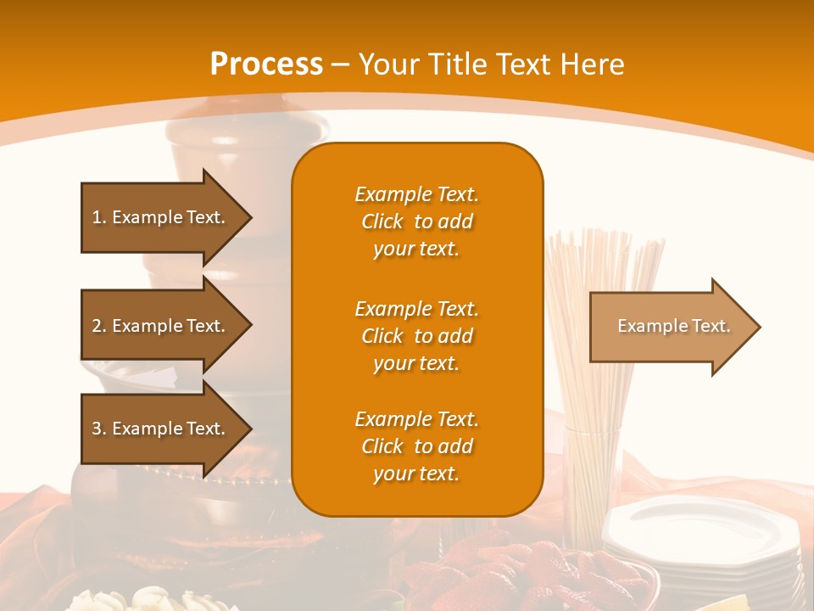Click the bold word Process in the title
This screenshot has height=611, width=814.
click(x=266, y=64)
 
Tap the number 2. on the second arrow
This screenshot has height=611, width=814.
click(x=98, y=326)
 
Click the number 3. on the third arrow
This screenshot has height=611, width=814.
click(x=98, y=429)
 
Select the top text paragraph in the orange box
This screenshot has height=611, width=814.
click(x=416, y=221)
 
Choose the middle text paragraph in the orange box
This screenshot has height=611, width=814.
click(x=416, y=336)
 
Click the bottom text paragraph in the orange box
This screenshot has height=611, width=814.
click(x=416, y=446)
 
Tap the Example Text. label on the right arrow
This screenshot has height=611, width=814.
click(x=674, y=326)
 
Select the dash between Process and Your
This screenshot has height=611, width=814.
click(x=341, y=64)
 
